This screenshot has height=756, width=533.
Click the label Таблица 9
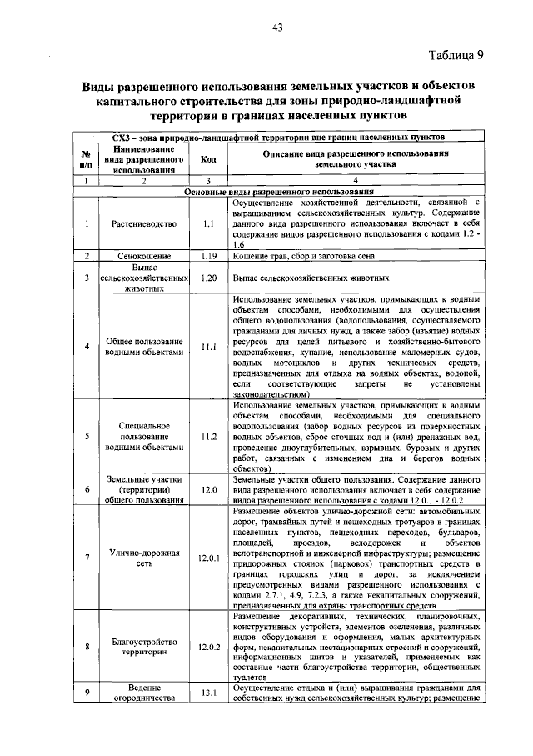coord(456,56)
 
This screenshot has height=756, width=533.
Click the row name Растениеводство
coord(143,223)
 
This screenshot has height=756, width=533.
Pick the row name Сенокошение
coord(143,256)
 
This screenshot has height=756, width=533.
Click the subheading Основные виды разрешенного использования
coord(278,191)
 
